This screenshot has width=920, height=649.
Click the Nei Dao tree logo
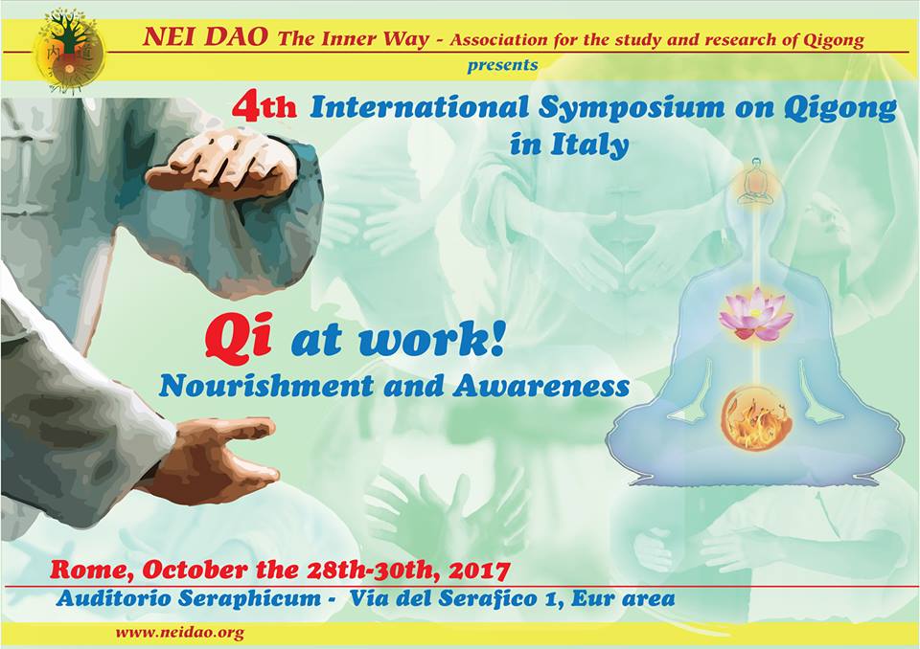(x=69, y=52)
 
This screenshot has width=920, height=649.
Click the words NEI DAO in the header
(x=205, y=37)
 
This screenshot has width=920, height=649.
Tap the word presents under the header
(x=502, y=64)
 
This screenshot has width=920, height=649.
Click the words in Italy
(x=568, y=144)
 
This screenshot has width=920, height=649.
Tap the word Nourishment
(x=265, y=385)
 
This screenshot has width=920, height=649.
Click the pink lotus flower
(x=756, y=315)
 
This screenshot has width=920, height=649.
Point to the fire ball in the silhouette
(x=756, y=418)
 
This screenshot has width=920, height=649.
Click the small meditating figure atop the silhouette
(x=756, y=181)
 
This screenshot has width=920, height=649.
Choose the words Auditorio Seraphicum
(x=189, y=598)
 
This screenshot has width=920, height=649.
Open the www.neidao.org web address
(x=179, y=633)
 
